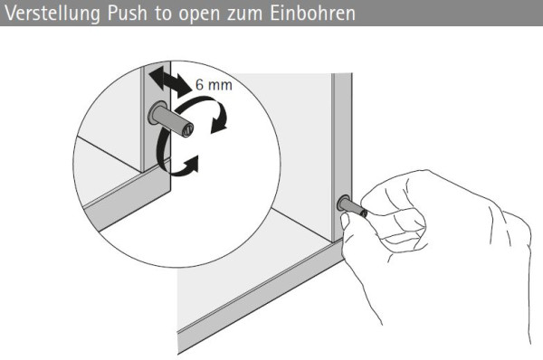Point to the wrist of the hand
(x=507, y=271)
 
